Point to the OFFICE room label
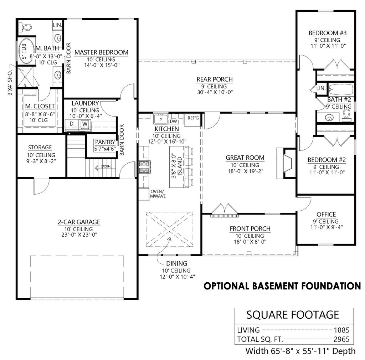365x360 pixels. click(x=326, y=214)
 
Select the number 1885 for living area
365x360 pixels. click(x=341, y=330)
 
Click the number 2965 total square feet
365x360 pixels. click(x=341, y=339)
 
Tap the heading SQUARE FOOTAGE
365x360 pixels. click(x=293, y=315)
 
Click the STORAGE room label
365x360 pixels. click(x=40, y=147)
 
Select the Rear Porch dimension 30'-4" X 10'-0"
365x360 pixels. click(x=215, y=93)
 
